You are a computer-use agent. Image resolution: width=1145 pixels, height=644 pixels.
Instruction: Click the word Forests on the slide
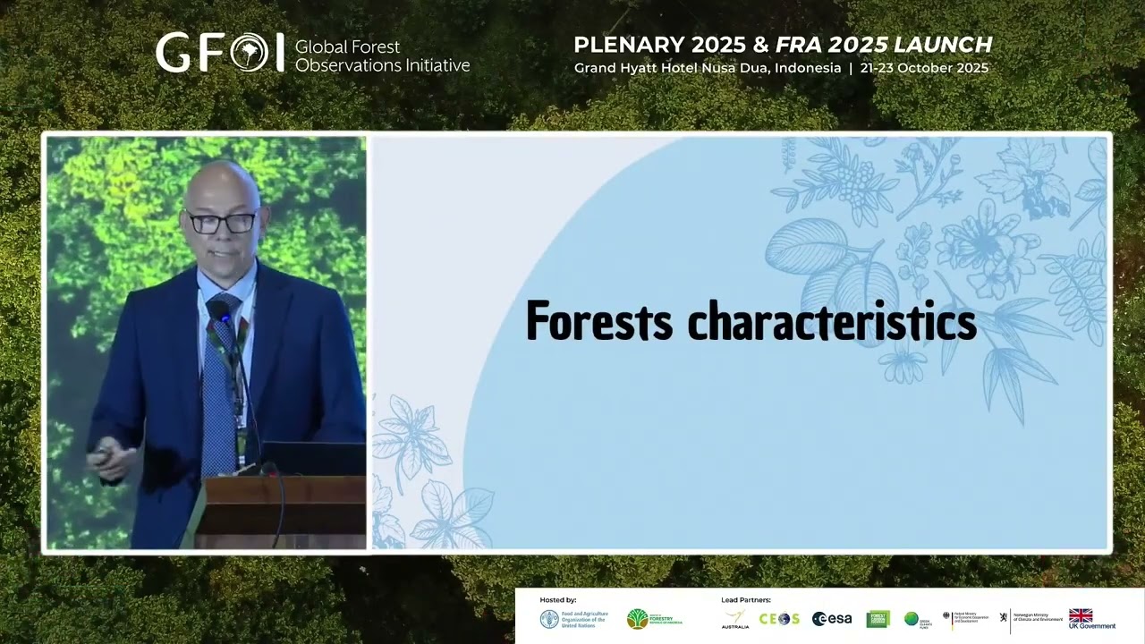598,321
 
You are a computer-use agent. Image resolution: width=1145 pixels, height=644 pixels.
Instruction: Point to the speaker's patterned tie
220,385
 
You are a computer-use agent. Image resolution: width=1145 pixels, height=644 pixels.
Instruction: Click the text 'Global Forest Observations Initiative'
382,55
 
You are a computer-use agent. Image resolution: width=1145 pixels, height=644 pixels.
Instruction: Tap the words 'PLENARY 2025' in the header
647,45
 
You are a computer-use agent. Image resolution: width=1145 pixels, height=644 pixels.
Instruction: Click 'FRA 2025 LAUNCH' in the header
884,45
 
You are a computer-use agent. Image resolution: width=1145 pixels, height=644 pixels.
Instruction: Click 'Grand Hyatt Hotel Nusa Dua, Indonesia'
708,68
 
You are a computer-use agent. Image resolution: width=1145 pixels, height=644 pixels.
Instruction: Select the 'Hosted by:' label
558,599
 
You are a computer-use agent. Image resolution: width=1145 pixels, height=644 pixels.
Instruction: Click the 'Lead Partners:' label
746,599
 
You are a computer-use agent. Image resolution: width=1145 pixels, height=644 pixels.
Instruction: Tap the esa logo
832,619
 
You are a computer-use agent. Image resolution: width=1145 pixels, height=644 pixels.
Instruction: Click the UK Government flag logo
1081,615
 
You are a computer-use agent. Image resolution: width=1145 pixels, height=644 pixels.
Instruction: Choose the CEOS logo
779,619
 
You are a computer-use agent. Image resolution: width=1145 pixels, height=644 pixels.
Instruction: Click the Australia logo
735,619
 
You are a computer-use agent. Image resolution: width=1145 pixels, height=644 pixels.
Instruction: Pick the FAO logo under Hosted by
549,619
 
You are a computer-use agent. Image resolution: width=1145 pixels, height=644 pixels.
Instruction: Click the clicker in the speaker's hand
103,454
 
